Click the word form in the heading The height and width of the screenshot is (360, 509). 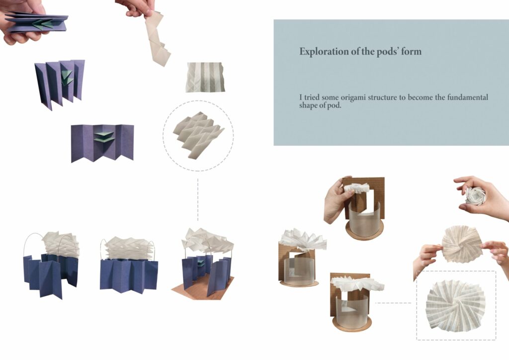coord(412,52)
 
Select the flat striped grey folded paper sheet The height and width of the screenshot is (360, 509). coord(205,77)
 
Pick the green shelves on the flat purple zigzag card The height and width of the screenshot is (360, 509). coord(103,137)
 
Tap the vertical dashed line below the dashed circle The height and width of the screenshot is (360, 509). coord(198,199)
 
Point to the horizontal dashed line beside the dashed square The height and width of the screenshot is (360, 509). coord(393,303)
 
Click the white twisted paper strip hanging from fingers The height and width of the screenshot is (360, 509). coord(158,38)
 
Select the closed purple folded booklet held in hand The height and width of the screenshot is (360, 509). coord(37,23)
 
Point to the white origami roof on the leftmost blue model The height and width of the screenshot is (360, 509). coord(61,245)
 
